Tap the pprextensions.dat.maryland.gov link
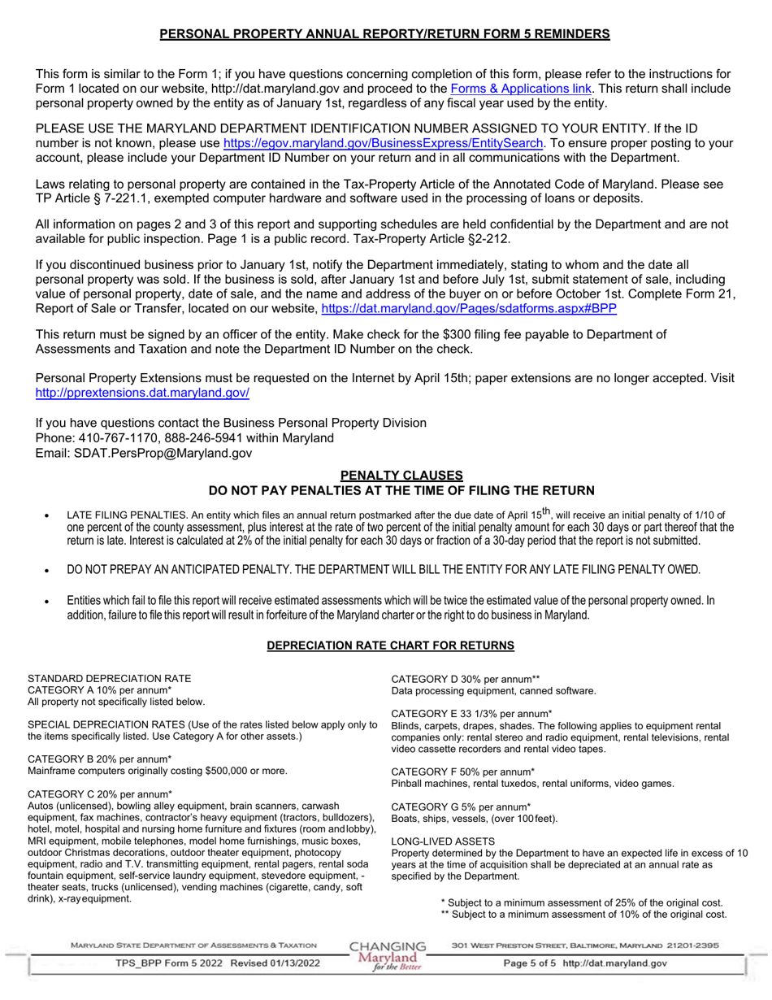[x=142, y=393]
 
